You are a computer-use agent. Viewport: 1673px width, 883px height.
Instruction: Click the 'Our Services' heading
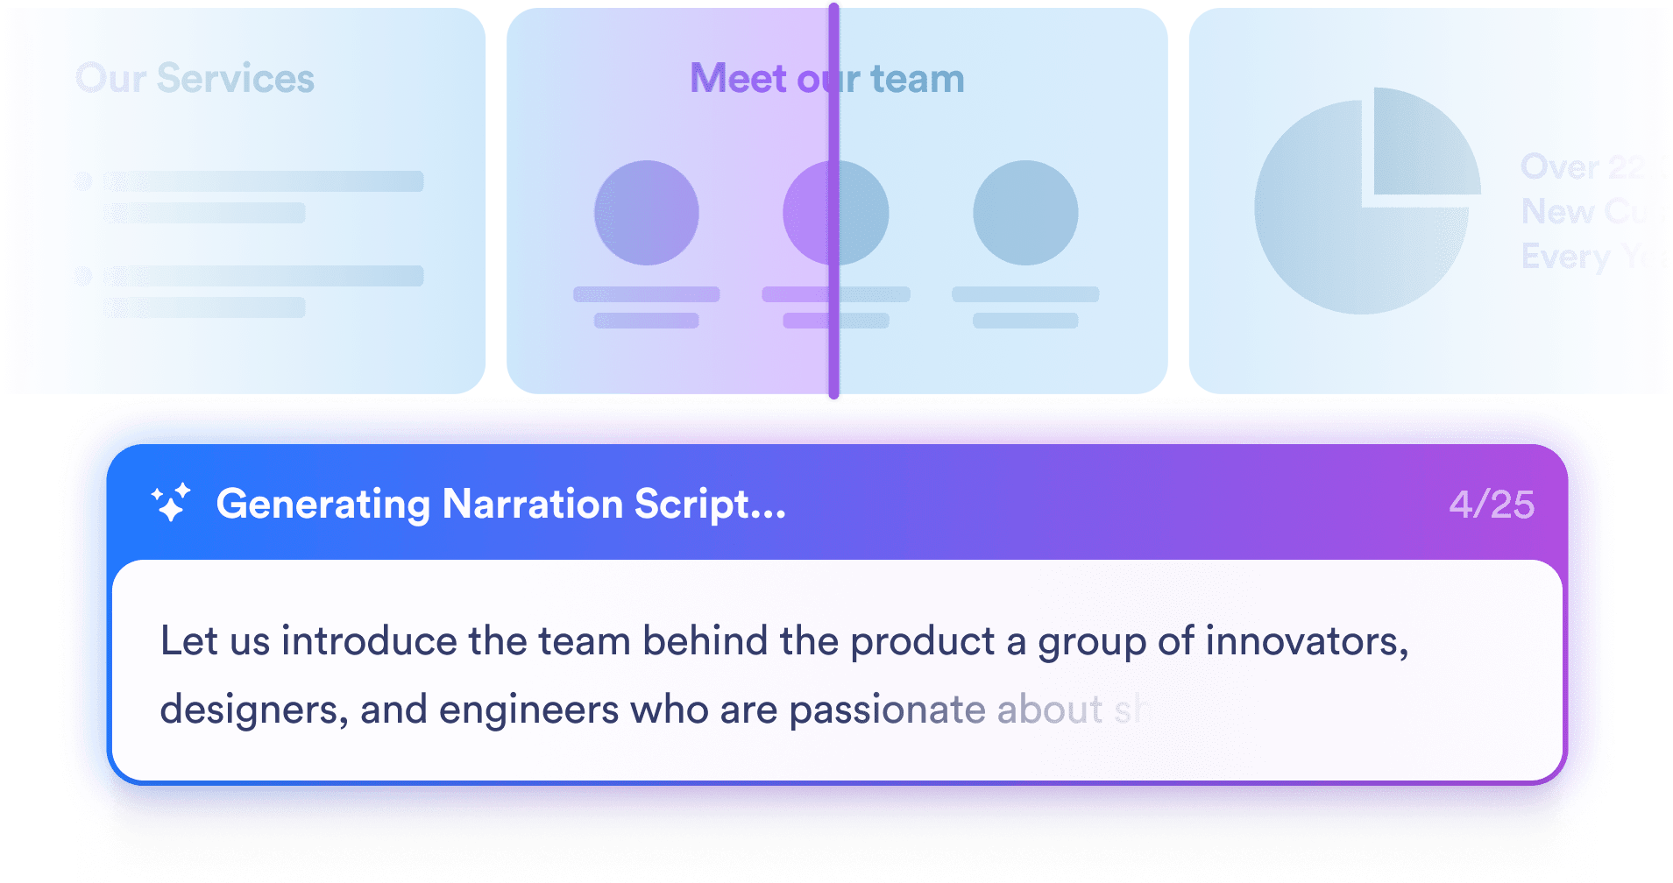point(195,79)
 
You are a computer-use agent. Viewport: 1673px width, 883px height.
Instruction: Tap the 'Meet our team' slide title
point(826,79)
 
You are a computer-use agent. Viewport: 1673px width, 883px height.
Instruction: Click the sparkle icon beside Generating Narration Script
point(171,503)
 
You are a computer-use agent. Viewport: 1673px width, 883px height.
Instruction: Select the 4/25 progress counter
point(1492,505)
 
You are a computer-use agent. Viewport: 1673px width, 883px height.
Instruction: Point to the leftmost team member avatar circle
point(647,213)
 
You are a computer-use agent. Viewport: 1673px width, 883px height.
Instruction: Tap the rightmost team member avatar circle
point(1025,213)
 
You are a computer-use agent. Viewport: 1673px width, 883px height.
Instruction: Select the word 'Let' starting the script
point(188,641)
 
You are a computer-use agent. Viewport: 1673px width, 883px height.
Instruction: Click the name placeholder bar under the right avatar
point(1025,294)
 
